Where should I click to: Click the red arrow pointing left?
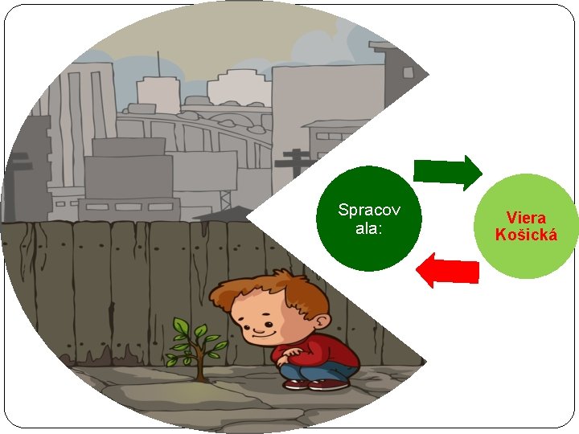click(x=448, y=270)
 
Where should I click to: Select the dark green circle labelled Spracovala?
click(x=369, y=219)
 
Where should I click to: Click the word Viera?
click(x=526, y=218)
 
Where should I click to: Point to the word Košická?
click(x=526, y=235)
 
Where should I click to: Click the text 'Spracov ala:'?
click(x=369, y=219)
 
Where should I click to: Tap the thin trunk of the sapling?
click(x=199, y=366)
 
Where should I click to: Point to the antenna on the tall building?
click(x=158, y=64)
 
